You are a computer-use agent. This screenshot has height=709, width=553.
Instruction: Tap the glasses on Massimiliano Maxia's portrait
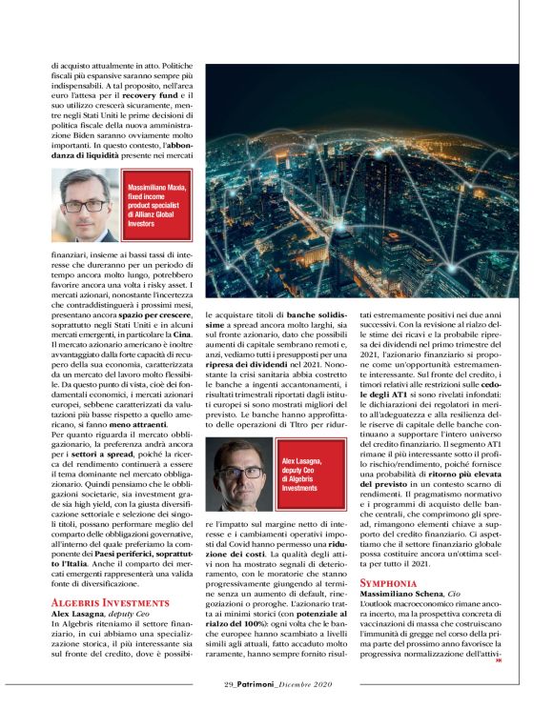84,205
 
